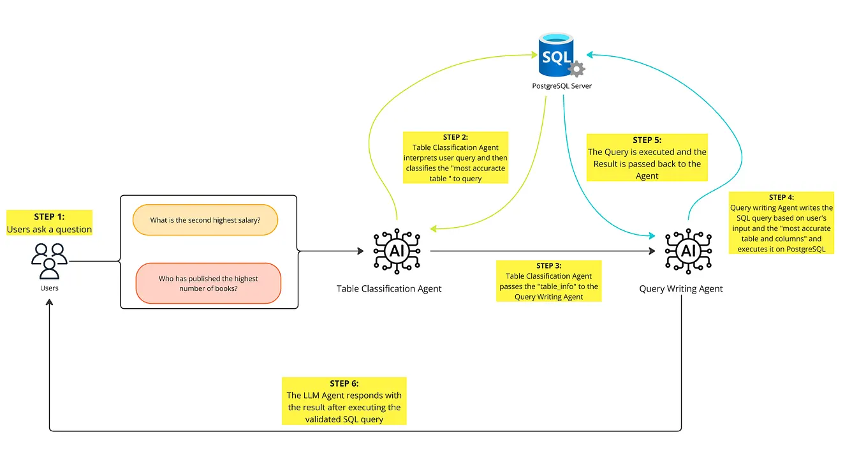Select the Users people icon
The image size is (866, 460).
[x=49, y=260]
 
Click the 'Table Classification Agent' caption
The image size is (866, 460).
[x=389, y=288]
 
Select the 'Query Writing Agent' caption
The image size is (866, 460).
[x=681, y=288]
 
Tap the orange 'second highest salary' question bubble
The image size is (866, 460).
[x=205, y=220]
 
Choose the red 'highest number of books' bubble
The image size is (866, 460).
[x=209, y=283]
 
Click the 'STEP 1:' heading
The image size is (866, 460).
[x=49, y=217]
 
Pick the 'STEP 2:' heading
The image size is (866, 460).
[x=455, y=137]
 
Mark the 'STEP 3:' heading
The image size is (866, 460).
[x=548, y=265]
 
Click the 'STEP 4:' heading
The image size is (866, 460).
[x=781, y=197]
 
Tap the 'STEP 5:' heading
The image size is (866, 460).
[x=647, y=140]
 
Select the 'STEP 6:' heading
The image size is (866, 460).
[x=344, y=383]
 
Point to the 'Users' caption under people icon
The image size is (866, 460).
[x=49, y=288]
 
